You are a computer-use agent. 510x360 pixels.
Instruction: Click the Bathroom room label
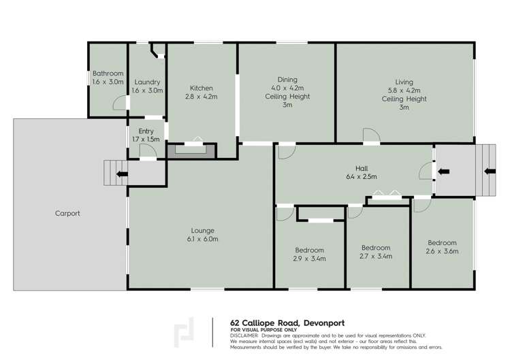point(108,73)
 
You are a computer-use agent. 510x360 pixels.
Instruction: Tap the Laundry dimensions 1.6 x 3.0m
point(146,91)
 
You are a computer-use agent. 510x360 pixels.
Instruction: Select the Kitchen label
point(202,88)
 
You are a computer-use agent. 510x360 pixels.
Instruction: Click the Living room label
point(404,82)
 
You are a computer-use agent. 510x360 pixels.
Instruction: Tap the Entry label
point(146,131)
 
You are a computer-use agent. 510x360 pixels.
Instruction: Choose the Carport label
point(67,213)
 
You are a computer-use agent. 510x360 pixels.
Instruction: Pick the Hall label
point(361,168)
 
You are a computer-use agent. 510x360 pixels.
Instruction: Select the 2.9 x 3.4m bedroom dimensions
point(309,259)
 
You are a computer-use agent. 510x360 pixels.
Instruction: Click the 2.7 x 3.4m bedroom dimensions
point(376,257)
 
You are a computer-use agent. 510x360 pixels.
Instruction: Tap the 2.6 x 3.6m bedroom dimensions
point(442,252)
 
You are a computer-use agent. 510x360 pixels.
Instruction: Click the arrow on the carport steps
point(121,174)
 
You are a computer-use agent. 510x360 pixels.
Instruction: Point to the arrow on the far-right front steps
point(488,171)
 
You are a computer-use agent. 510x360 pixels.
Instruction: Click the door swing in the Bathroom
point(119,103)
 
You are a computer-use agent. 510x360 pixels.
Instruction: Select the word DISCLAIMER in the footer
point(244,336)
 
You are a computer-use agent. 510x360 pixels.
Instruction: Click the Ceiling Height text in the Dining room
point(287,97)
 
